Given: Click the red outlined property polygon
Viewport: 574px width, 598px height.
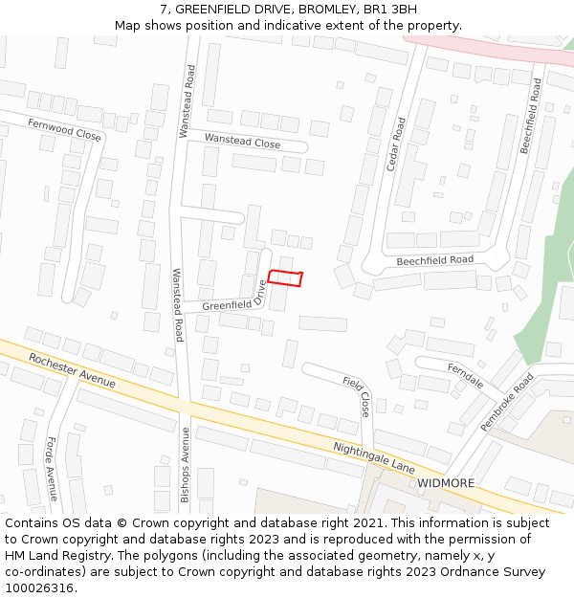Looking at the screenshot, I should [x=285, y=278].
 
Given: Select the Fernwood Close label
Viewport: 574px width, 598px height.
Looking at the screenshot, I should [x=64, y=129].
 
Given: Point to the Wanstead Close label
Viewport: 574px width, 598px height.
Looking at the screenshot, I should [x=242, y=142].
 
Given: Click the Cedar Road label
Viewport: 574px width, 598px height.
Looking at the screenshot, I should [x=395, y=144].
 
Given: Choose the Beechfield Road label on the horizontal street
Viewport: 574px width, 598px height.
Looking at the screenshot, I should [x=435, y=260].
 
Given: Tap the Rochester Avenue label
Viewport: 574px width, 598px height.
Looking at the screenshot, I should [x=72, y=370].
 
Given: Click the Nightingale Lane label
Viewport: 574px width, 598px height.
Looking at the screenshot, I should [x=373, y=457].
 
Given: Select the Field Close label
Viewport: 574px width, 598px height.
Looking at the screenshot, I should [x=357, y=396].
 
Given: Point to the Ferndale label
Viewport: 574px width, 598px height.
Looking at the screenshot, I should [x=465, y=374].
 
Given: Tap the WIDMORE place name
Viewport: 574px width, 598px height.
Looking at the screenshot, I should [x=446, y=483].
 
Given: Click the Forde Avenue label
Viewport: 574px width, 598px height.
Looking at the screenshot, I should [x=52, y=469].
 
